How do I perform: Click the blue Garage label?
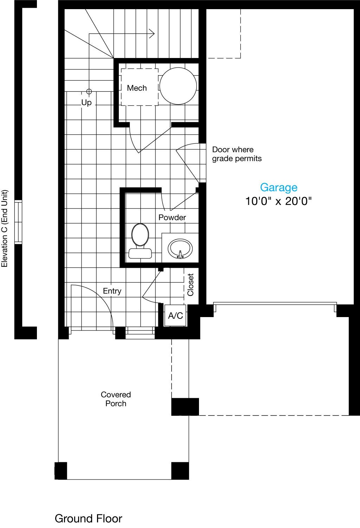point(278,187)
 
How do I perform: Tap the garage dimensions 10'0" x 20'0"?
point(278,201)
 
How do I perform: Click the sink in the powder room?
point(180,249)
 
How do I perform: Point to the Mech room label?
point(137,88)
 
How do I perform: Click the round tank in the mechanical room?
point(178,86)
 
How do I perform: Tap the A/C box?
point(175,316)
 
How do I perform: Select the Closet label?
point(191,285)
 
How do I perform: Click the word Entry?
point(112,291)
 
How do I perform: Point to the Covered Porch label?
point(116,399)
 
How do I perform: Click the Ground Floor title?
point(88,518)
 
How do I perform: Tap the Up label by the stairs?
point(86,102)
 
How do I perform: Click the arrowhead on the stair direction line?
point(152,34)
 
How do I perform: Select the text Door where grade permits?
point(237,154)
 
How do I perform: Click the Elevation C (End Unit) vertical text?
point(5,228)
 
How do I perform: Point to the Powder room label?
point(172,217)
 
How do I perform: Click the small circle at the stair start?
point(89,91)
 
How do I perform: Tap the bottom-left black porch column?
point(61,471)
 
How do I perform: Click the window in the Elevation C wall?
point(18,222)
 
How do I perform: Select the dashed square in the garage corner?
point(224,34)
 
